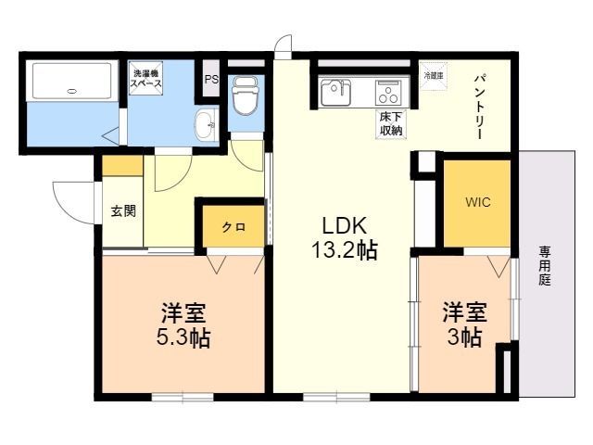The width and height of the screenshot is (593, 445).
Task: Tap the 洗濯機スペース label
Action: coord(146,77)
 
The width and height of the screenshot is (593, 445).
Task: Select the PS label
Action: coord(211,80)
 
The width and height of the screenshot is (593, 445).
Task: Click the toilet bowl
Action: coord(246,95)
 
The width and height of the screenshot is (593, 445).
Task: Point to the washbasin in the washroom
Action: coord(206,123)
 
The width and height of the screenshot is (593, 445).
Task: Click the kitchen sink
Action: coord(335,94)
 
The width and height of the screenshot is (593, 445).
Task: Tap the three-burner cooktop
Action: coord(387,94)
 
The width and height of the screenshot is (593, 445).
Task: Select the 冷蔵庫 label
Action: coord(434,74)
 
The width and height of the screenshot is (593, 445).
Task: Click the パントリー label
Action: coord(482,105)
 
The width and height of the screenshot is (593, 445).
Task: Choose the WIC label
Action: coord(477,201)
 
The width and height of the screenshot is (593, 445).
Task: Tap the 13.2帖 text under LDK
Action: coord(345,249)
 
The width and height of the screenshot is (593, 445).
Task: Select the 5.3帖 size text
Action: coord(183,337)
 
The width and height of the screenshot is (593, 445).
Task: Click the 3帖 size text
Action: coord(464,337)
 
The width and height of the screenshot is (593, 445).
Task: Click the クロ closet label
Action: coord(233,227)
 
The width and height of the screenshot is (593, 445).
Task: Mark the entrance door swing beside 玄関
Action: coord(74,197)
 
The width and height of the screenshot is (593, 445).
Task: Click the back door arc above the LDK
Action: coord(284,46)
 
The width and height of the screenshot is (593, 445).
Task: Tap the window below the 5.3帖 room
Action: coord(183,398)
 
